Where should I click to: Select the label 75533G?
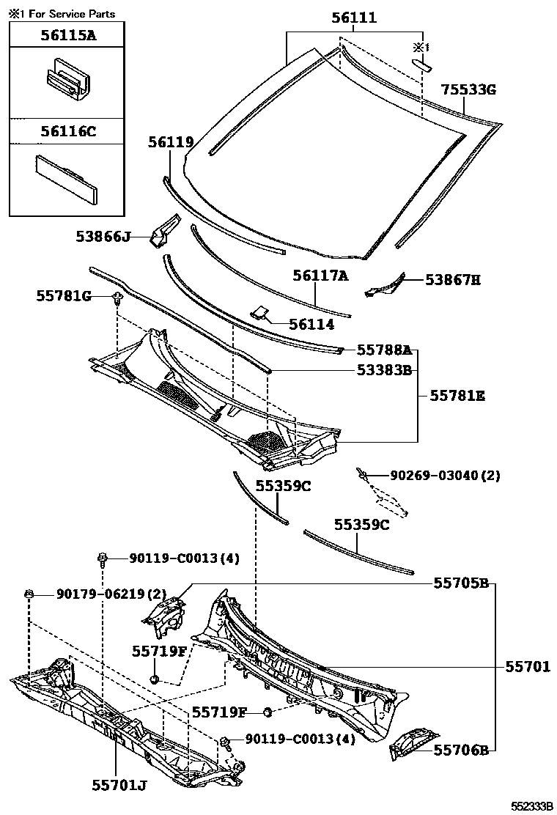pos(468,89)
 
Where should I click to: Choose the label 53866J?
pos(103,236)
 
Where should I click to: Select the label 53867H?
pos(453,279)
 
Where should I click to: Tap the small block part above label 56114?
pos(260,312)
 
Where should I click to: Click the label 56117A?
pos(320,276)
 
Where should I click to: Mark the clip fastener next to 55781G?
pos(117,297)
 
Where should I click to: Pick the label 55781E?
pos(457,396)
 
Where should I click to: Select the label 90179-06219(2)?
pos(111,594)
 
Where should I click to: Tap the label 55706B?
pos(461,750)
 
